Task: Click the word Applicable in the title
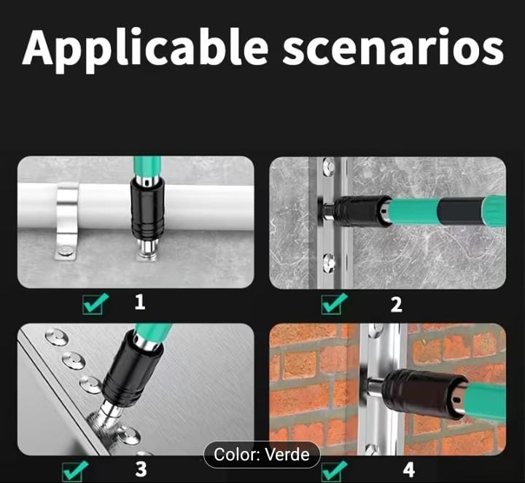point(146,49)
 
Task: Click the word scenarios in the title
point(394,47)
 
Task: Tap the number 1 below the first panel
point(140,302)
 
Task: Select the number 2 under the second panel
point(397,305)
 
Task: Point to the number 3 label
point(141,469)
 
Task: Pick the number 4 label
point(409,470)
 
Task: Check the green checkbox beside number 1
point(95,303)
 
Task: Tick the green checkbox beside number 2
point(334,303)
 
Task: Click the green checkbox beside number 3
point(75,471)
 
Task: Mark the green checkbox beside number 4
point(334,471)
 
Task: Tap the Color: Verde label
point(262,455)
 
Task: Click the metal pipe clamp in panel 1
point(67,221)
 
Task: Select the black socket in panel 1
point(147,209)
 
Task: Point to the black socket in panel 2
point(362,211)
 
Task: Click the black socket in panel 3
point(133,372)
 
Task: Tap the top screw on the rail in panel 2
point(329,166)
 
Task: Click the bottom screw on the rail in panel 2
point(329,262)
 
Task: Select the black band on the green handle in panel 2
point(461,212)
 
